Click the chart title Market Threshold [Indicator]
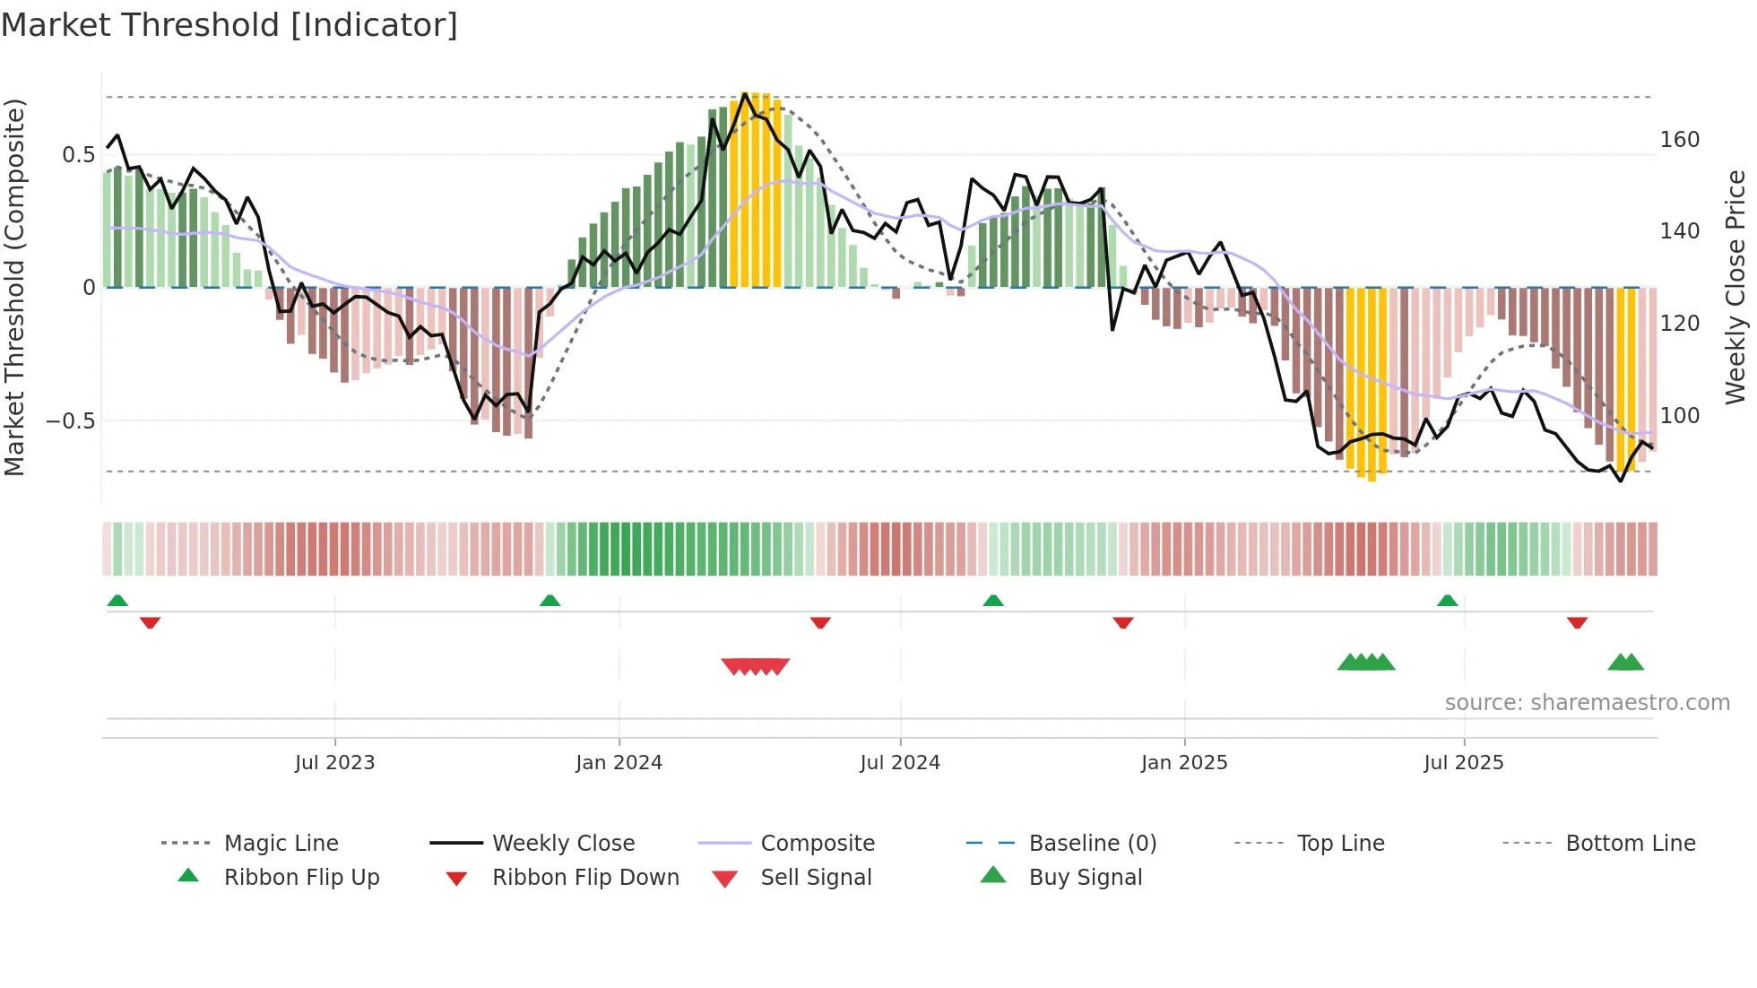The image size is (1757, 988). tap(229, 25)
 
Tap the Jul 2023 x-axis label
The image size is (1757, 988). tap(334, 763)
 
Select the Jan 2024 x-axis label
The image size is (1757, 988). tap(619, 763)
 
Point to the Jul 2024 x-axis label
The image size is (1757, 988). tap(900, 763)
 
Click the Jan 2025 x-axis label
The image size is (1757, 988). tap(1184, 763)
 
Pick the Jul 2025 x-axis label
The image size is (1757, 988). tap(1464, 763)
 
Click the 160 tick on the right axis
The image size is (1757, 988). tap(1679, 140)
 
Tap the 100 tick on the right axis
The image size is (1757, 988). tap(1679, 416)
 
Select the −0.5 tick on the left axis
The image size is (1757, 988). tap(71, 421)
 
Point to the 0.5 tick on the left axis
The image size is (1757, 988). tap(78, 155)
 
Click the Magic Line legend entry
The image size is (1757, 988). tap(281, 844)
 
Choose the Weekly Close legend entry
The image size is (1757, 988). tap(563, 844)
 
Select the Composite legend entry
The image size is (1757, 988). tap(817, 844)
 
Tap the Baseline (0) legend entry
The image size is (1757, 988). tap(1092, 844)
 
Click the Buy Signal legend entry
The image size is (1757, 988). tap(1085, 878)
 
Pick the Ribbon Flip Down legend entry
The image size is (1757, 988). tap(585, 878)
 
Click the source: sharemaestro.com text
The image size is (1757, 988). tap(1587, 703)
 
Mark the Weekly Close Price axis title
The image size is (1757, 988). tap(1735, 287)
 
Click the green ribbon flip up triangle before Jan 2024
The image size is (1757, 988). tap(550, 601)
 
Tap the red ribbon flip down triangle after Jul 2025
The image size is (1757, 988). tap(1577, 623)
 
